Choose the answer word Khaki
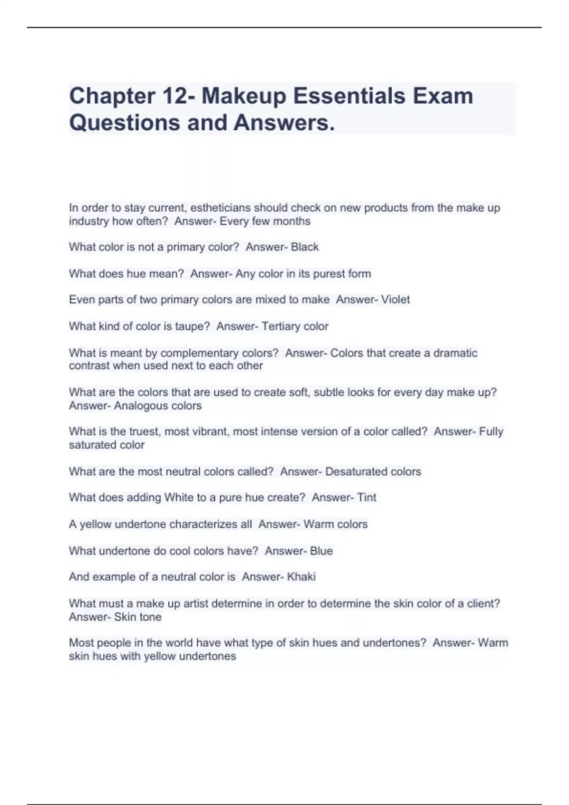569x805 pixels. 302,577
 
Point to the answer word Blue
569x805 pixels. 321,551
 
